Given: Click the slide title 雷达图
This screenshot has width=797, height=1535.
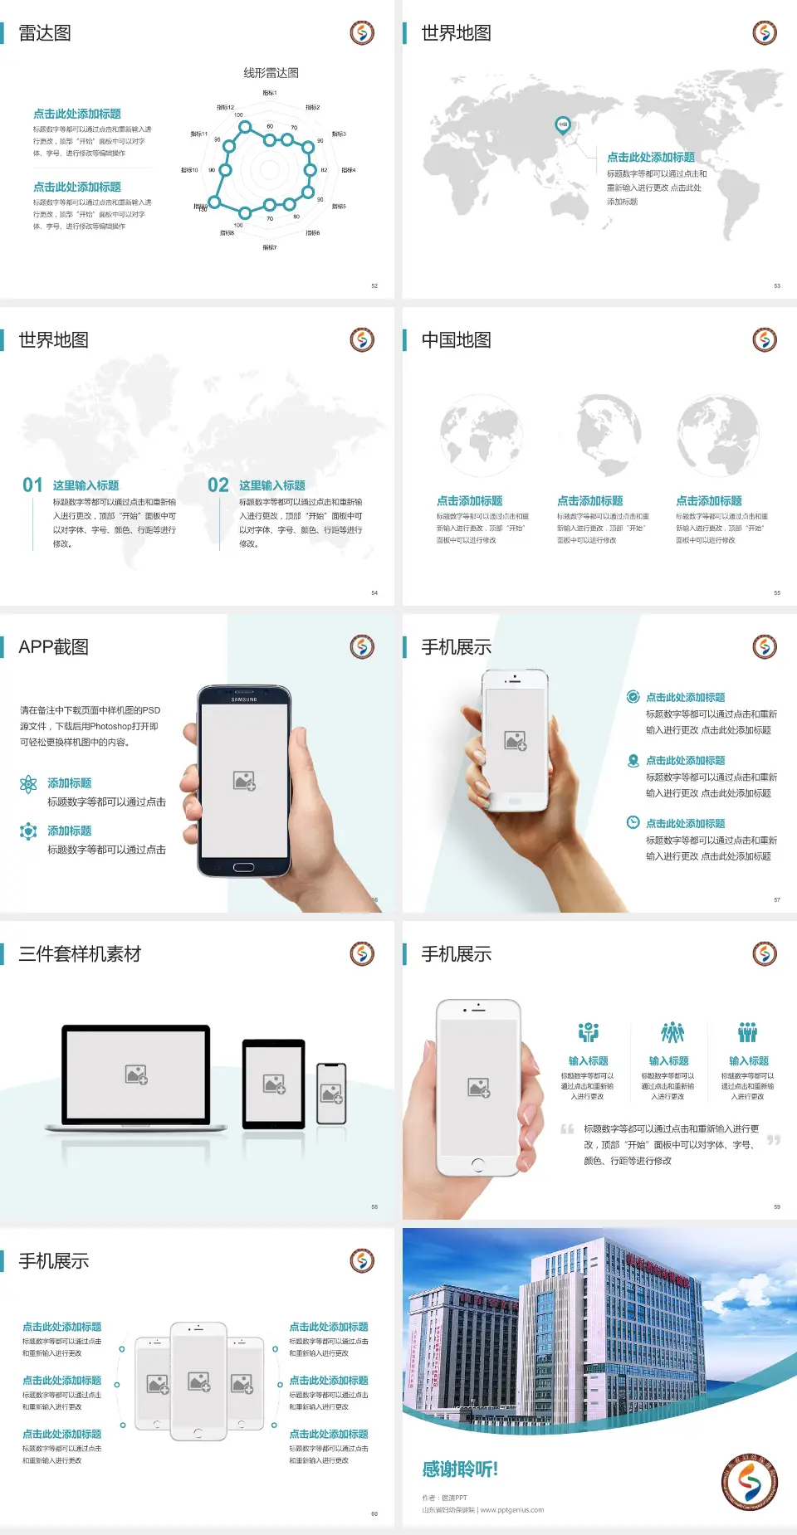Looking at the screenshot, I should pos(45,33).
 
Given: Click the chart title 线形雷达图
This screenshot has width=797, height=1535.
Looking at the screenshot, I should pos(271,73).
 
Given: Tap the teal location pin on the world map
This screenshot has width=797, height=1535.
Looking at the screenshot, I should pos(562,125).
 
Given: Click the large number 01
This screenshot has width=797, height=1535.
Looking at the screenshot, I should pos(32,485).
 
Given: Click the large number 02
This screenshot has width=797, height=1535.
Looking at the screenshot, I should pos(218,485).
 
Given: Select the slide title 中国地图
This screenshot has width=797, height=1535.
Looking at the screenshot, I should pos(456,340).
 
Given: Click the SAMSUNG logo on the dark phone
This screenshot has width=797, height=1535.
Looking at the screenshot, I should pos(244,699).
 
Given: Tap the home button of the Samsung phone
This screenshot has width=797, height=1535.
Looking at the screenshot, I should pos(243,867).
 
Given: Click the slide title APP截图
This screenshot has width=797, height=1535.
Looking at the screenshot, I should pos(53,647).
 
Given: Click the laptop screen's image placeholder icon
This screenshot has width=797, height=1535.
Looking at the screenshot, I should pos(136,1074).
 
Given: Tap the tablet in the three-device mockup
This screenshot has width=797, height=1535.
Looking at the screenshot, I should pos(274,1083).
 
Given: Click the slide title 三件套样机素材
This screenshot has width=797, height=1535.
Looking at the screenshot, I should pos(80,954).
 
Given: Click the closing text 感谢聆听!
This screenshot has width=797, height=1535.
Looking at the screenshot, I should pos(460,1469).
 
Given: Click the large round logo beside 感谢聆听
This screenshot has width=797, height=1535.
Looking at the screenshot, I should pos(750,1482).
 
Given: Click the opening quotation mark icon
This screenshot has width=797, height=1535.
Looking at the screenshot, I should pos(567,1128).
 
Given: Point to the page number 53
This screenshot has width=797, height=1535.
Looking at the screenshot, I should pos(777,285).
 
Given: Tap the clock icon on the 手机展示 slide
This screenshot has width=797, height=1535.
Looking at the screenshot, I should pos(633,822).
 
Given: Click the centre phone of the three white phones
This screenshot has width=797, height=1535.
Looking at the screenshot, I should pos(198,1381).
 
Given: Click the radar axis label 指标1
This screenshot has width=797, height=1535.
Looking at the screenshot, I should pos(270,93).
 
